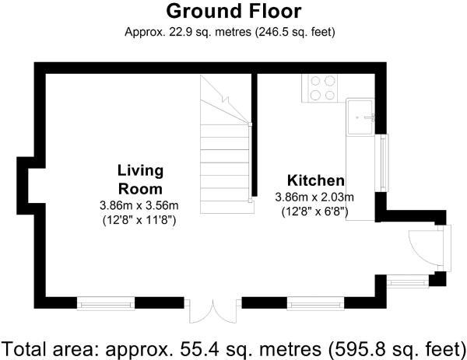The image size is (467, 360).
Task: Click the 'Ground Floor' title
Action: tap(233, 12)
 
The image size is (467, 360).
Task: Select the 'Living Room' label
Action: tap(140, 180)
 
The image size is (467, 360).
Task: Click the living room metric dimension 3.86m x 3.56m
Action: tap(139, 206)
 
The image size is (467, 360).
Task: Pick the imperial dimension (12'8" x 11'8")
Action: tap(139, 220)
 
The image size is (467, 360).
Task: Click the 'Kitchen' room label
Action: tap(315, 180)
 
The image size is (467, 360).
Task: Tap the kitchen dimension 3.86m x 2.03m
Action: tap(314, 197)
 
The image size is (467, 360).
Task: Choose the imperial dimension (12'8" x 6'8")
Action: tap(314, 211)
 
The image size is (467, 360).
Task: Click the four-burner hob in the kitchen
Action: tap(323, 87)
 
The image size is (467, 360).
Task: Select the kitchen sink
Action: tap(363, 117)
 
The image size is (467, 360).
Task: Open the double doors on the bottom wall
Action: tap(211, 311)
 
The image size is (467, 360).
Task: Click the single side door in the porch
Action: tap(424, 249)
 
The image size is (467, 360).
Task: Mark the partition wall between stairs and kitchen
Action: tap(254, 136)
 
